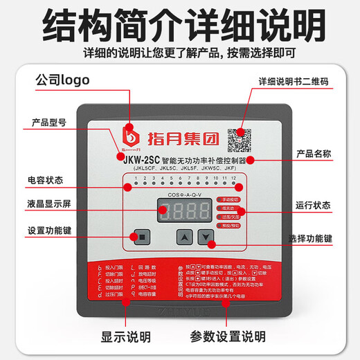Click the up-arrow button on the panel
[x=183, y=236]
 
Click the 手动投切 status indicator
[x=229, y=199]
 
